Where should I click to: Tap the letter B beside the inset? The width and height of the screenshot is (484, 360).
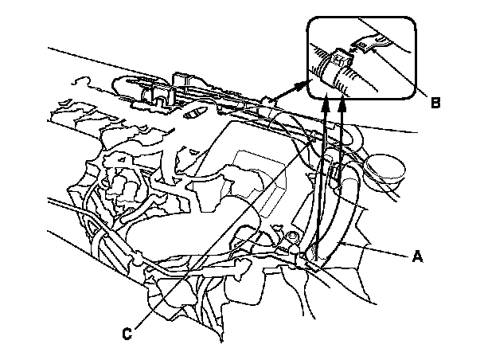(x=435, y=103)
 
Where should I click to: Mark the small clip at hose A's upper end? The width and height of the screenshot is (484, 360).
(x=335, y=172)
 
